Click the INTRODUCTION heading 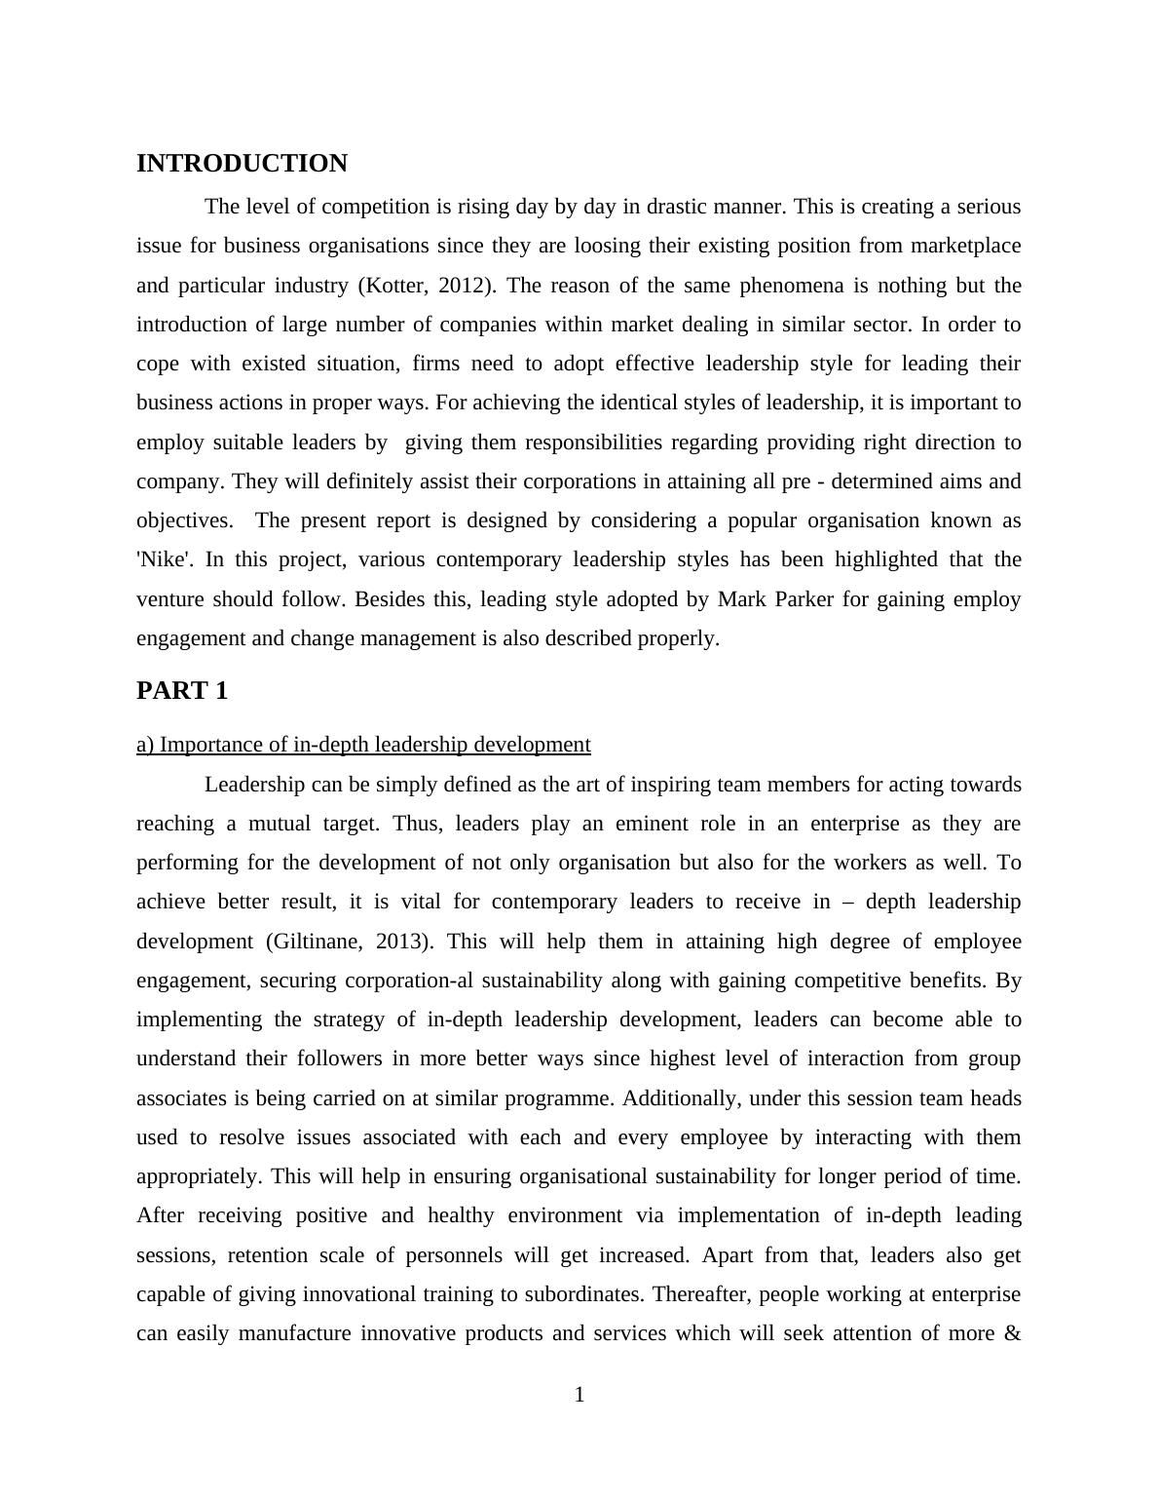click(x=242, y=164)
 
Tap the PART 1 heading click(x=182, y=691)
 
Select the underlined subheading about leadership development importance click(x=363, y=745)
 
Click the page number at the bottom click(x=579, y=1395)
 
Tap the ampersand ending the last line click(x=1012, y=1333)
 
